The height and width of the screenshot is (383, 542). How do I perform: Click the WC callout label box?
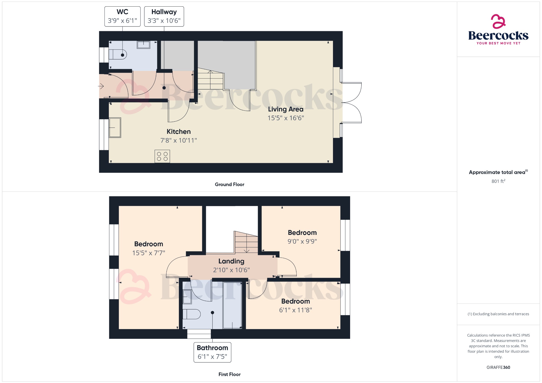tap(122, 16)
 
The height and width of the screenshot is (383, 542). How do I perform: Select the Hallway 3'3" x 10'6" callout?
tap(164, 16)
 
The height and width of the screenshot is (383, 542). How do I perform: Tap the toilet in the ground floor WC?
tap(118, 55)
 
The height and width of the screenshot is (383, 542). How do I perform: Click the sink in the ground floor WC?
tap(143, 44)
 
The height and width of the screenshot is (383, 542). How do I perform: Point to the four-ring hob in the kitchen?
tap(162, 156)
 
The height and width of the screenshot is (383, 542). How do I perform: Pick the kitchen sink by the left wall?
tap(115, 127)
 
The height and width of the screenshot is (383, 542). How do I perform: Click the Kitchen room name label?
tap(179, 131)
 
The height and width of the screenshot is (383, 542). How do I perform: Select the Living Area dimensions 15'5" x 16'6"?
tap(286, 118)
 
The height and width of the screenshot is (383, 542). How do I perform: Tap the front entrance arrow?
tap(101, 86)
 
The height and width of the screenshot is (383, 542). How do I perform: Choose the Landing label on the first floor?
tap(231, 261)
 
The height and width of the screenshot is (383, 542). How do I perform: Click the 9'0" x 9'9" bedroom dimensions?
tap(302, 241)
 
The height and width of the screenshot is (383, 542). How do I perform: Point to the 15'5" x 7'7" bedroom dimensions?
tap(148, 253)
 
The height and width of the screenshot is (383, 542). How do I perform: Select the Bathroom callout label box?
tap(212, 352)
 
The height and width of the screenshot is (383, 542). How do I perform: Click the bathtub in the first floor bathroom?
tap(232, 305)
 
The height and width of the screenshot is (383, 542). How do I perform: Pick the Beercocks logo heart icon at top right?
tap(498, 21)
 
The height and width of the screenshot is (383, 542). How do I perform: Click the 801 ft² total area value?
tap(498, 181)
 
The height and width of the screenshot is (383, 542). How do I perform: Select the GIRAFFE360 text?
tap(498, 367)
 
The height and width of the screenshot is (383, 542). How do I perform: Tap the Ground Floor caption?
tap(229, 184)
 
